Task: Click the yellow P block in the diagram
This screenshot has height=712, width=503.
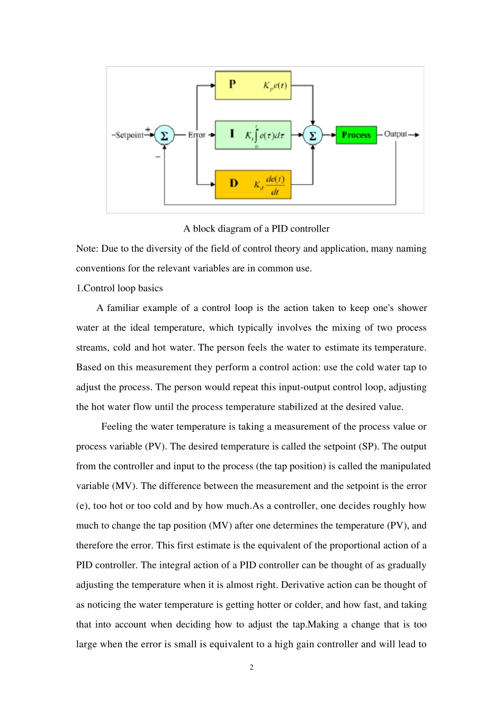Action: (x=253, y=85)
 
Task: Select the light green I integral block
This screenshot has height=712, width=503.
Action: (x=253, y=135)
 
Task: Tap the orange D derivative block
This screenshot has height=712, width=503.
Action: (x=253, y=184)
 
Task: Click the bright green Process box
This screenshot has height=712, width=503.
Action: (x=356, y=135)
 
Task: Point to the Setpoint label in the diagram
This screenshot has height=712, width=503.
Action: (x=129, y=135)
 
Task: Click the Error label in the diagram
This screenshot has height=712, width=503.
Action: (x=196, y=135)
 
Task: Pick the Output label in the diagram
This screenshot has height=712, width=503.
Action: (x=396, y=134)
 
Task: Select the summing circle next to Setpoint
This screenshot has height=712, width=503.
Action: (x=164, y=135)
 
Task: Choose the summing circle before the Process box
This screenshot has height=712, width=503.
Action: (x=313, y=135)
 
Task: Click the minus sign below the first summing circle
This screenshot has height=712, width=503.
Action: (x=158, y=157)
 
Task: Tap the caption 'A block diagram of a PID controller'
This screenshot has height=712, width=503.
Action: (x=256, y=229)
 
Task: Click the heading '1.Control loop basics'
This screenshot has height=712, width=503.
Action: (x=120, y=288)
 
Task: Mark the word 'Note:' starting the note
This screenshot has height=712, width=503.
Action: (x=87, y=248)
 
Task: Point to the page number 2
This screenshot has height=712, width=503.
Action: (x=251, y=667)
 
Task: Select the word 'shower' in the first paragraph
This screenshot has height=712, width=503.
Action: (x=412, y=308)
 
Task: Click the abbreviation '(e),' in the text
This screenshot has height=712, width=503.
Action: (x=83, y=506)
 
